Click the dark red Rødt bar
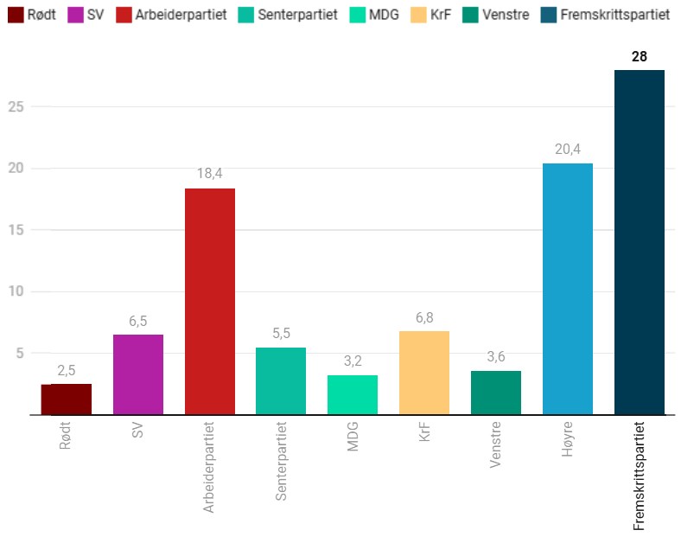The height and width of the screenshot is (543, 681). click(66, 399)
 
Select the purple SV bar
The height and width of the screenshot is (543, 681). click(137, 374)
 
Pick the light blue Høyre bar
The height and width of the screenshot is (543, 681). click(567, 289)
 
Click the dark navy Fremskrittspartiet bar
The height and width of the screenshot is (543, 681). click(639, 242)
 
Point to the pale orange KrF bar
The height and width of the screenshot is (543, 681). click(424, 373)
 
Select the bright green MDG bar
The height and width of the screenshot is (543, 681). click(353, 394)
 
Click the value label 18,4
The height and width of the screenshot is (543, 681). click(209, 173)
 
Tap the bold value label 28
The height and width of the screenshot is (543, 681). click(640, 56)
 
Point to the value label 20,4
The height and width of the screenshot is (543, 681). click(567, 149)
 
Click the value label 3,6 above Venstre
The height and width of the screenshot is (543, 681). click(495, 356)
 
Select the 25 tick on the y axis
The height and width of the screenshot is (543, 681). click(15, 106)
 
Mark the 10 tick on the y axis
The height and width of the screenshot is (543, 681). click(15, 291)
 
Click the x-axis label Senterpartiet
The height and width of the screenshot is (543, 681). click(281, 463)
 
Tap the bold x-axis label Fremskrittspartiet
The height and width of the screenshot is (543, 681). click(640, 476)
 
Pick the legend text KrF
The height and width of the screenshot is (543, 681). click(440, 16)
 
